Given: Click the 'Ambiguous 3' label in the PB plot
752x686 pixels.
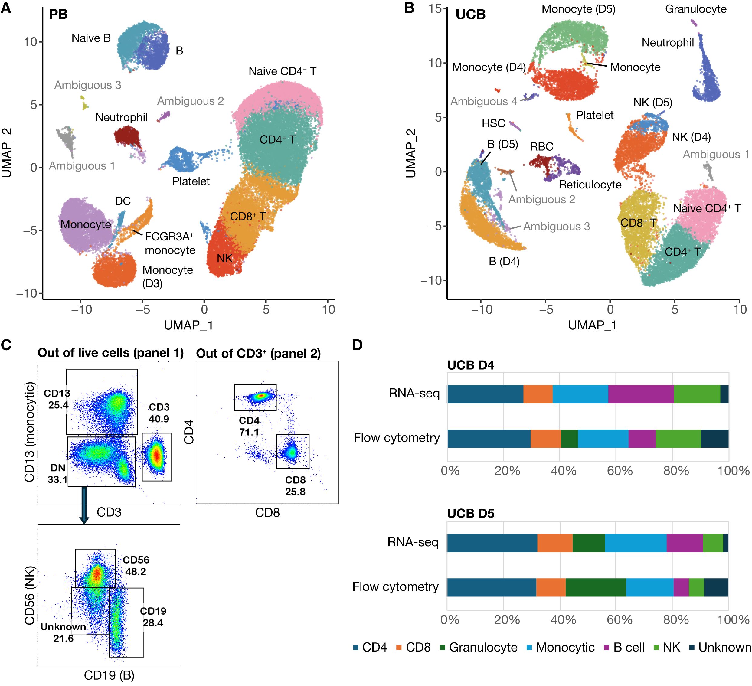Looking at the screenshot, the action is pos(88,85).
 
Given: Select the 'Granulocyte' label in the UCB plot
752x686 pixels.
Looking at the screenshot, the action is pos(696,9).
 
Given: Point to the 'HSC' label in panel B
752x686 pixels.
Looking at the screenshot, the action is pos(493,123).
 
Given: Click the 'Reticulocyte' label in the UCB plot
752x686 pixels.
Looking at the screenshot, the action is pos(590,185).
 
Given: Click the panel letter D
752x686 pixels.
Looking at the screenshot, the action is pos(357,345).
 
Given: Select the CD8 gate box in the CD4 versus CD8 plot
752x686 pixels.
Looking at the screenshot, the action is pos(293,451).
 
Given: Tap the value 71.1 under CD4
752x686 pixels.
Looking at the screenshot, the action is pos(249,432).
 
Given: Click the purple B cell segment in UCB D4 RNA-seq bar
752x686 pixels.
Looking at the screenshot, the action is pos(641,394).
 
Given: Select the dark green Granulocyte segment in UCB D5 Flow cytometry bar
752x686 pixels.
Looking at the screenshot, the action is pos(596,587).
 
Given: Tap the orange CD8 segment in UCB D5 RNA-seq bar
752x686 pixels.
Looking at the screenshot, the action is pos(555,543).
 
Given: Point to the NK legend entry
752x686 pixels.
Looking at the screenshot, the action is pos(667,647).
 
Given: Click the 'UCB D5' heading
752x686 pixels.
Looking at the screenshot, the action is pos(471,513).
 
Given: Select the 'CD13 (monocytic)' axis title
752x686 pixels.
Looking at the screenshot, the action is pos(29,432).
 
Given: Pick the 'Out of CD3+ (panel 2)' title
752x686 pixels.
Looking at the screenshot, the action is pos(259,353).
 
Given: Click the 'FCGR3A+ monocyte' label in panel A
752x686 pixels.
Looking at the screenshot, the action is pos(170,243).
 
